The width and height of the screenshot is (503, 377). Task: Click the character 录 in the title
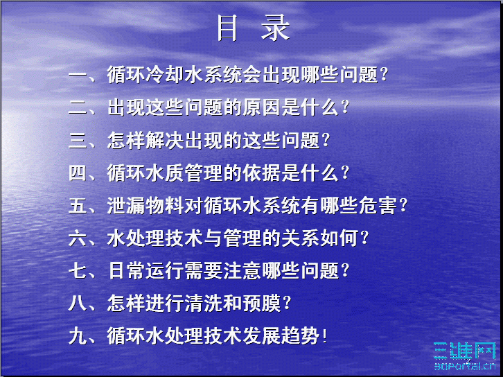[x=274, y=28]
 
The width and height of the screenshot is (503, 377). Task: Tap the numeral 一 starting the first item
[x=77, y=74]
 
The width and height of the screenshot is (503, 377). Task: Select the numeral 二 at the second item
[x=77, y=107]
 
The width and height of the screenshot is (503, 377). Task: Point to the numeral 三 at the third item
[x=77, y=140]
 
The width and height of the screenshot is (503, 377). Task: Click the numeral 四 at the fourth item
[x=77, y=173]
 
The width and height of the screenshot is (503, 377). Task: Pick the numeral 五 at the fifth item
[x=77, y=205]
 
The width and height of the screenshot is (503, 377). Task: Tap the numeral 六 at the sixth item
[x=77, y=238]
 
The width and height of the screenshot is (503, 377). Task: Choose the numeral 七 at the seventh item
[x=77, y=270]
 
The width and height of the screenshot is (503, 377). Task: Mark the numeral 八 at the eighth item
[x=77, y=303]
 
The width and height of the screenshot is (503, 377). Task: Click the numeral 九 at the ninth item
[x=77, y=336]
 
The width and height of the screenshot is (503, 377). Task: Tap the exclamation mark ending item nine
[x=324, y=337]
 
